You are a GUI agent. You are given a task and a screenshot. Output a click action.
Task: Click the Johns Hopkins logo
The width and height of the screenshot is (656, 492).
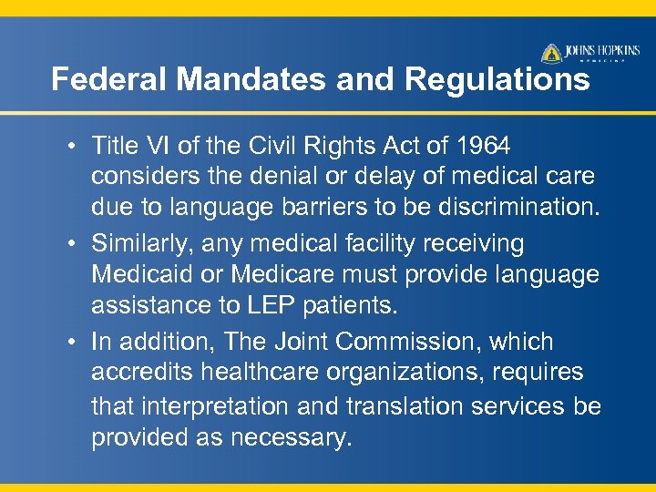[x=587, y=53]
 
